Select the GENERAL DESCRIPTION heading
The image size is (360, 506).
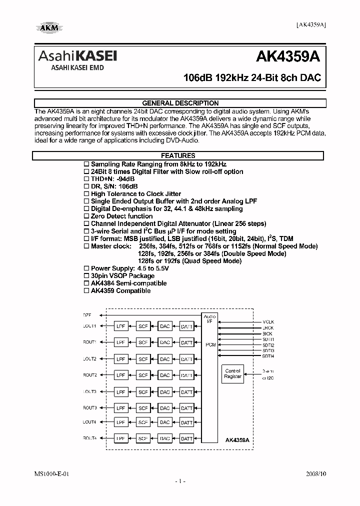point(180,103)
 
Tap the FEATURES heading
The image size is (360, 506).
point(178,156)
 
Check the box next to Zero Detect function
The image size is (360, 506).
point(86,216)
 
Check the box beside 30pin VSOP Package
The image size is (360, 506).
point(86,275)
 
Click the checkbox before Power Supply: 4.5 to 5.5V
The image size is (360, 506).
point(86,268)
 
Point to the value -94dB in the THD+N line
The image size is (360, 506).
point(126,179)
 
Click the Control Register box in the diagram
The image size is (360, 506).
point(232,373)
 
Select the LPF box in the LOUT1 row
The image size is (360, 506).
point(120,326)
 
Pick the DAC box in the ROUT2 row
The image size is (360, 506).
point(164,375)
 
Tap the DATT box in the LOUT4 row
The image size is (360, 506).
point(186,422)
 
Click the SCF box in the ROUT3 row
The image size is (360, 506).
point(143,408)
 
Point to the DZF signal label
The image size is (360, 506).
point(87,315)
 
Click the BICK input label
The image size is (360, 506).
point(268,333)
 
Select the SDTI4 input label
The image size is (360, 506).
point(268,356)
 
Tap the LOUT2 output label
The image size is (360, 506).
point(90,359)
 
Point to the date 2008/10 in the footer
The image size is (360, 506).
point(315,472)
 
